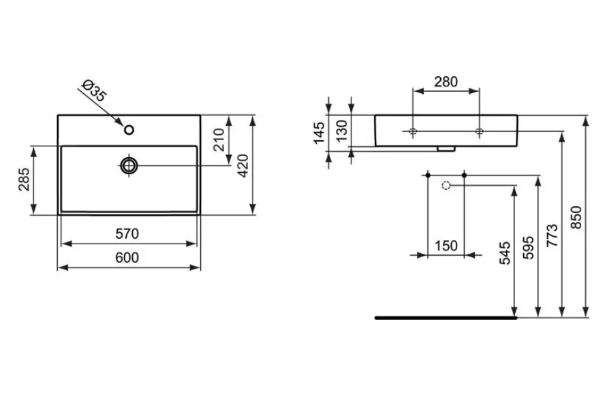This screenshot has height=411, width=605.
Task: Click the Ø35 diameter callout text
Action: [x=94, y=91]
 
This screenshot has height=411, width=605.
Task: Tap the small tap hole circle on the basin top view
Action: [x=129, y=130]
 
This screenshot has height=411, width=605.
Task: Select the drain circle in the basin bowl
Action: [x=129, y=165]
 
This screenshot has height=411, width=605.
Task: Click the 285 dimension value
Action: [x=24, y=179]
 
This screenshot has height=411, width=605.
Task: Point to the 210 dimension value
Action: [x=219, y=139]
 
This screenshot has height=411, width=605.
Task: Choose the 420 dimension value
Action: [x=243, y=165]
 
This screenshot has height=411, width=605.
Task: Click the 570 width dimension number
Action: [x=127, y=233]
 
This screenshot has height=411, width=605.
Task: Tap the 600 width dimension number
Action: [x=127, y=257]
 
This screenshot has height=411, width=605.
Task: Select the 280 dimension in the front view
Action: [x=446, y=82]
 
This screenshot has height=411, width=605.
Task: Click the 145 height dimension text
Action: [x=319, y=133]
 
